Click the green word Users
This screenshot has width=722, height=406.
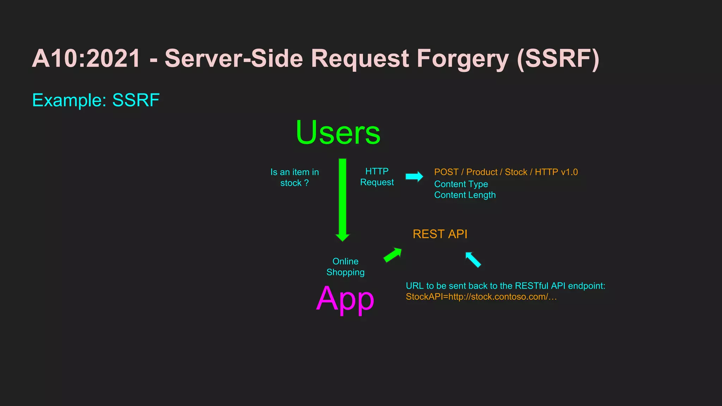(338, 133)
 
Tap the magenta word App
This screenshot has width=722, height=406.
(345, 299)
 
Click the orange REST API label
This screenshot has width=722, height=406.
(440, 234)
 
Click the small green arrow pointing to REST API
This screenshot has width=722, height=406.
(393, 255)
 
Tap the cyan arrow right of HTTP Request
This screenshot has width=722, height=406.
(414, 177)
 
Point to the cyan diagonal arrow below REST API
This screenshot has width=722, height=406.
(473, 260)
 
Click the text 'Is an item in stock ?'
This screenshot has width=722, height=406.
(294, 177)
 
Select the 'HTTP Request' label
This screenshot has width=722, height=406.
(377, 177)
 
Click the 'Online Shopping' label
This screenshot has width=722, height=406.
(345, 267)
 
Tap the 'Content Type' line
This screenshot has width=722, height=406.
(461, 184)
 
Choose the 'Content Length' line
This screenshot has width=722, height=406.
(465, 195)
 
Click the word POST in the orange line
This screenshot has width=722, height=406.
(446, 172)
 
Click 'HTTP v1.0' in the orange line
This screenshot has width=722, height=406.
(556, 172)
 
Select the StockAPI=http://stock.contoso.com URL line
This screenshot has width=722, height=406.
(481, 297)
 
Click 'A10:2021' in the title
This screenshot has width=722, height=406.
(86, 59)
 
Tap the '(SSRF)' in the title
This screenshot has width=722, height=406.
(558, 59)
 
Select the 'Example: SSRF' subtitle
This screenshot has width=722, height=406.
(96, 100)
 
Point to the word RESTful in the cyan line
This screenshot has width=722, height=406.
(531, 286)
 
